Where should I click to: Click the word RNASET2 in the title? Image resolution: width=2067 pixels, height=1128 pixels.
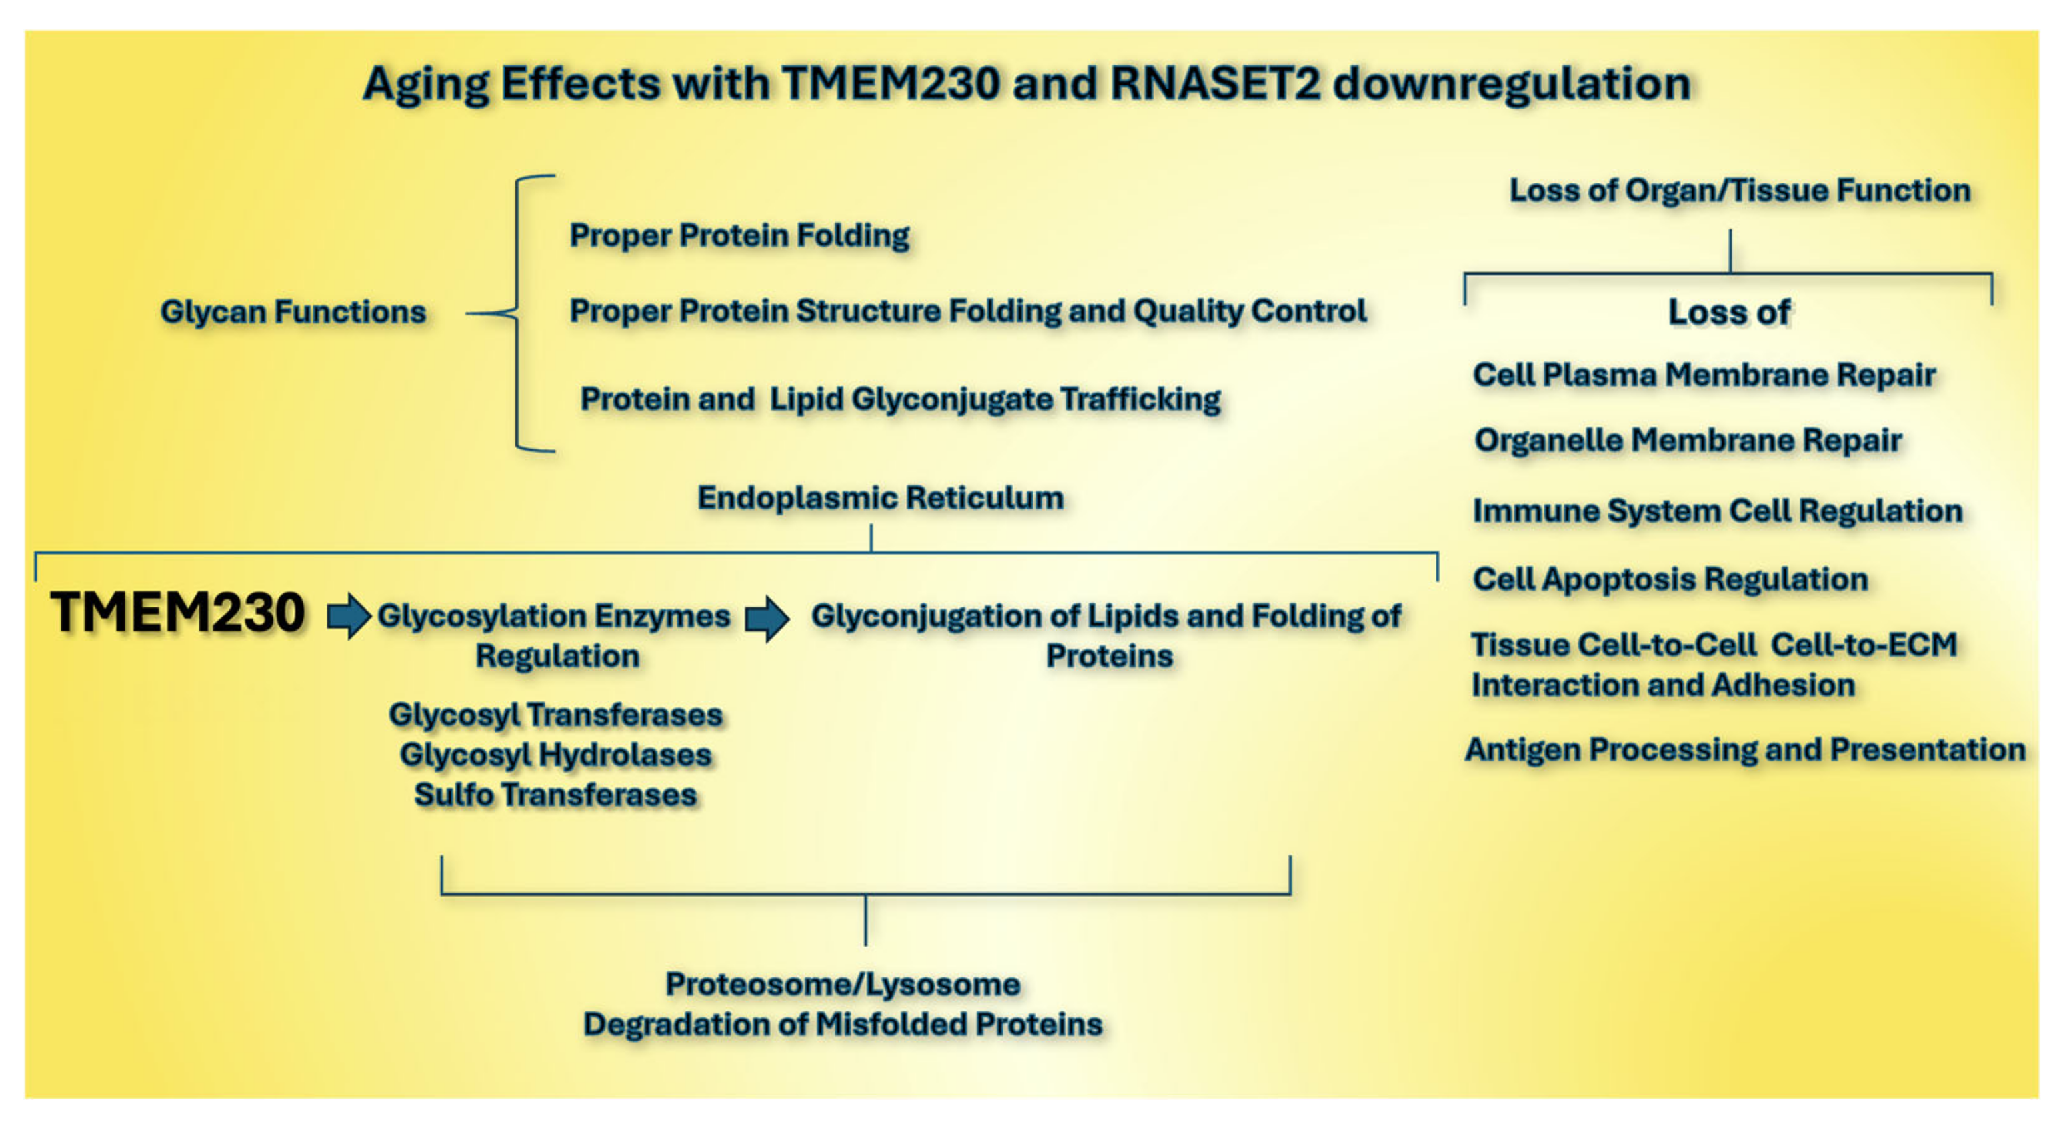click(1215, 83)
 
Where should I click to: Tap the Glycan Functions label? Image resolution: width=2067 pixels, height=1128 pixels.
click(293, 312)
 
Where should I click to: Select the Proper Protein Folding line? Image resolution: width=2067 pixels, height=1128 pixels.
click(739, 236)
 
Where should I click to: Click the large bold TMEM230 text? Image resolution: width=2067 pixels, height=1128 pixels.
click(177, 613)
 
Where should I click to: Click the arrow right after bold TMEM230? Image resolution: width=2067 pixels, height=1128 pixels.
click(349, 616)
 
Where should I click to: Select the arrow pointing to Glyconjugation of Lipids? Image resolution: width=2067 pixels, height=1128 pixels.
click(767, 618)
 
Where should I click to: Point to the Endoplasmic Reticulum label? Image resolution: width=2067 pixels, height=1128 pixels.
click(880, 498)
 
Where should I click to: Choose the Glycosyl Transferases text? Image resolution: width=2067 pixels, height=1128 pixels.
click(555, 715)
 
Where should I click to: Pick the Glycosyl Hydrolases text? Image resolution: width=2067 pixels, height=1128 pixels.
click(555, 755)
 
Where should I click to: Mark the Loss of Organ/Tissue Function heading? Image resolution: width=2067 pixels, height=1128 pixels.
click(1740, 191)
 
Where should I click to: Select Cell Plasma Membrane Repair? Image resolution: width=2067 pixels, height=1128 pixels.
click(1704, 375)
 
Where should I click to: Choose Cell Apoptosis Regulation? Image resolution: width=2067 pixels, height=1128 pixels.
click(1670, 579)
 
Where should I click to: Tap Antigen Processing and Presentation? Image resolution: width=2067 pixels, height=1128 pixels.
click(1744, 750)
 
